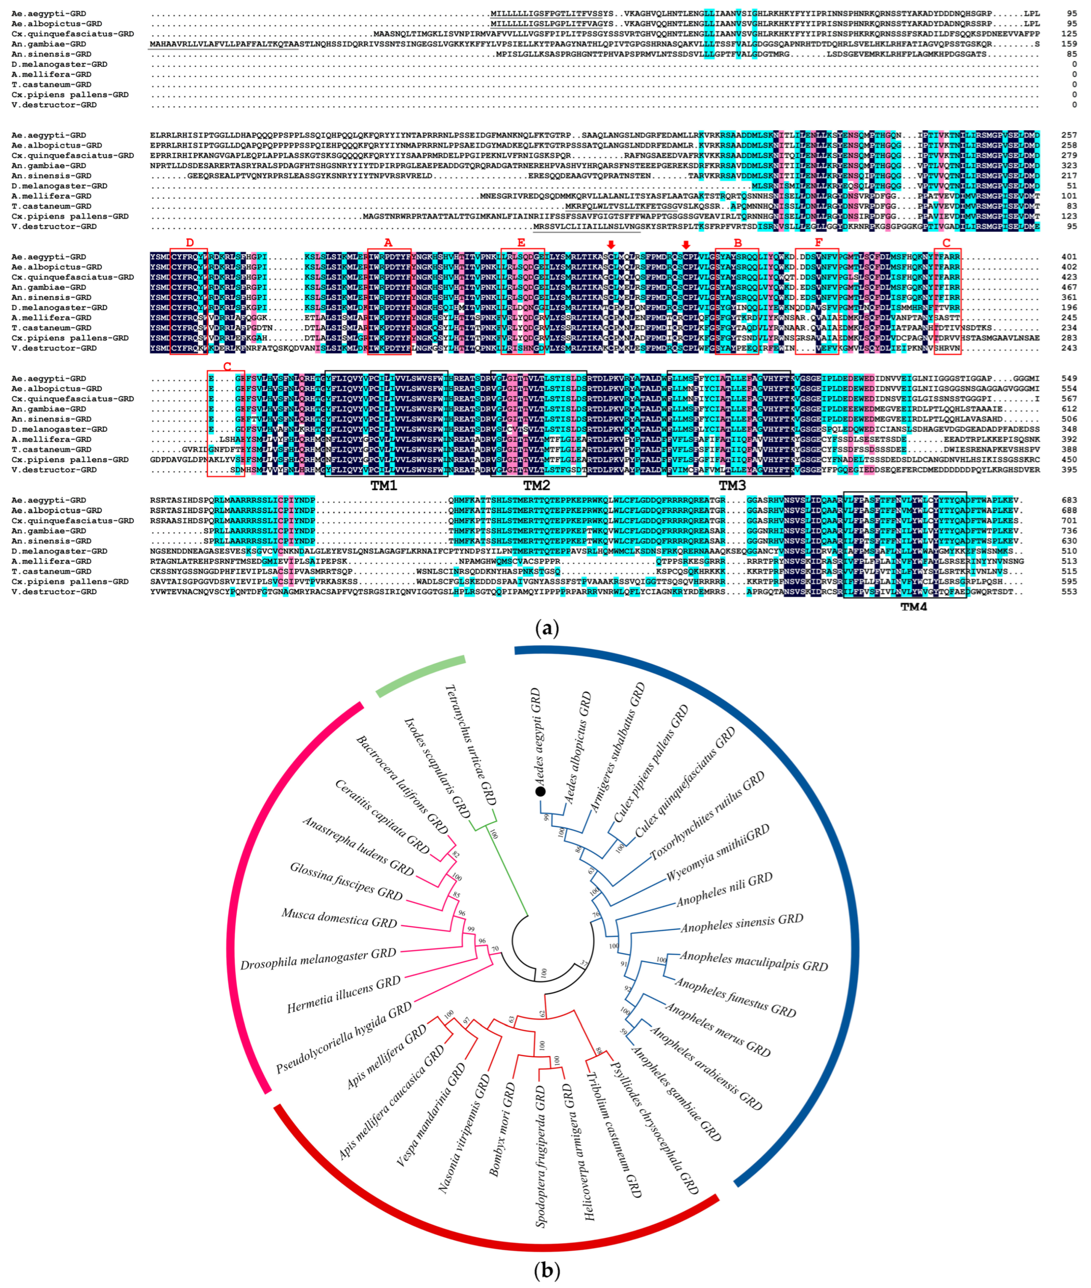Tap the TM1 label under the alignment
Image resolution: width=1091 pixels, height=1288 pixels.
[x=384, y=486]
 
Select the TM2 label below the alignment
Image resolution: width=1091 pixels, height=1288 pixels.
[x=537, y=486]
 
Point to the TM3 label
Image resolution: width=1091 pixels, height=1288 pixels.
[x=732, y=486]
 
